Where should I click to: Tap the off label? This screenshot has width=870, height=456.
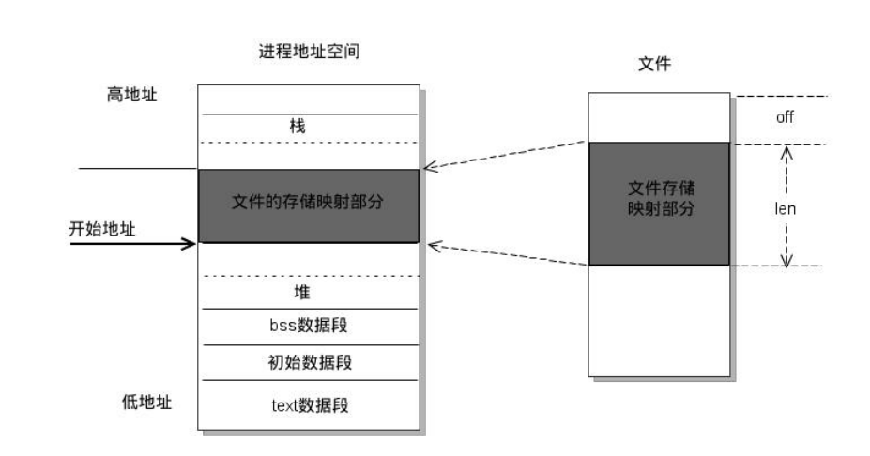(x=785, y=119)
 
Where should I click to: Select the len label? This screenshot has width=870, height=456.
(x=785, y=209)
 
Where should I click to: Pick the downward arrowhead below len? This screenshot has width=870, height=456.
(x=786, y=259)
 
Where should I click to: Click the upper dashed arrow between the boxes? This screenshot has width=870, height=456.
(x=507, y=156)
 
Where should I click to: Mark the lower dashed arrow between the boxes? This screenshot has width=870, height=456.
(x=507, y=254)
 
